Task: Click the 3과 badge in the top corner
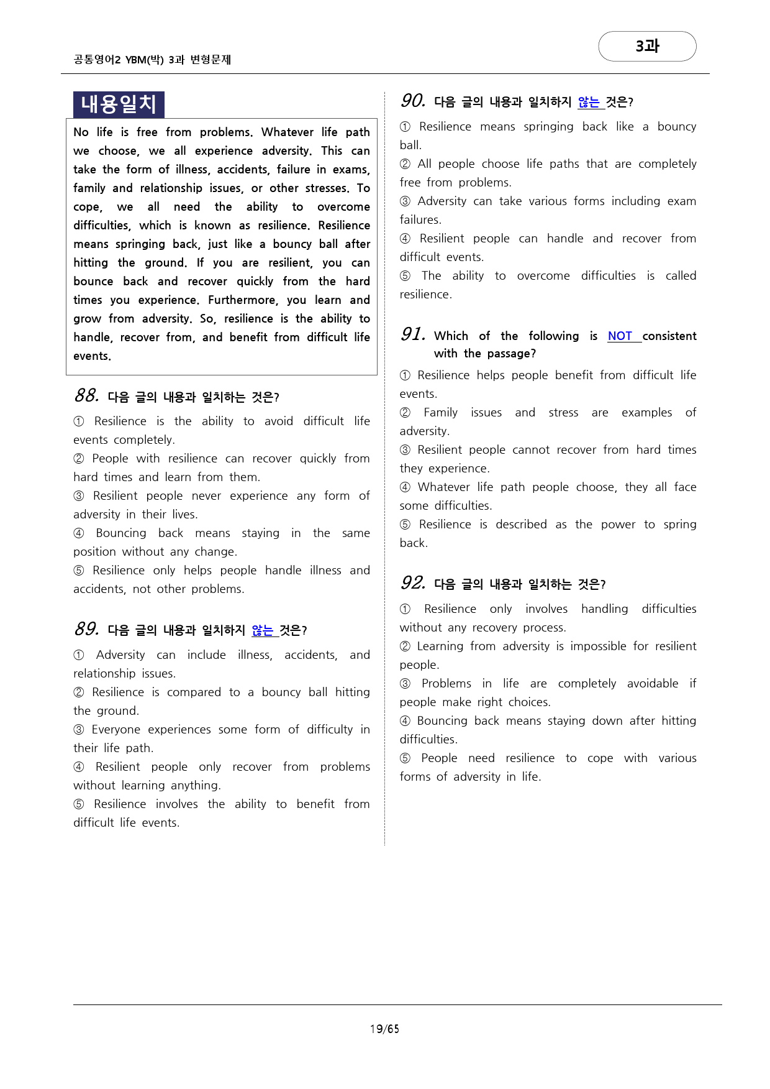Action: (647, 47)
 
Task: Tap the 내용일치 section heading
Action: (119, 104)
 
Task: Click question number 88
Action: (86, 396)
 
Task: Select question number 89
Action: (86, 630)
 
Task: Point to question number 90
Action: (412, 101)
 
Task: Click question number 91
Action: (413, 335)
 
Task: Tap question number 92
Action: (413, 584)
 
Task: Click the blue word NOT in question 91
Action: (620, 336)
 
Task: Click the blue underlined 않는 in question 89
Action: (263, 630)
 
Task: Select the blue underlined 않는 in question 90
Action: (589, 102)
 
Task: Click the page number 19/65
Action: (384, 1029)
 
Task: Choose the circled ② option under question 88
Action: (79, 459)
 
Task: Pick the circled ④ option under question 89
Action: (79, 767)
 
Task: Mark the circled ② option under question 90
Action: (405, 164)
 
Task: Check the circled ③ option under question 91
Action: (405, 450)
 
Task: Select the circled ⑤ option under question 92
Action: (405, 758)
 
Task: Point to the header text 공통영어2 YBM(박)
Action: (119, 60)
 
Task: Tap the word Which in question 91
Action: (451, 336)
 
